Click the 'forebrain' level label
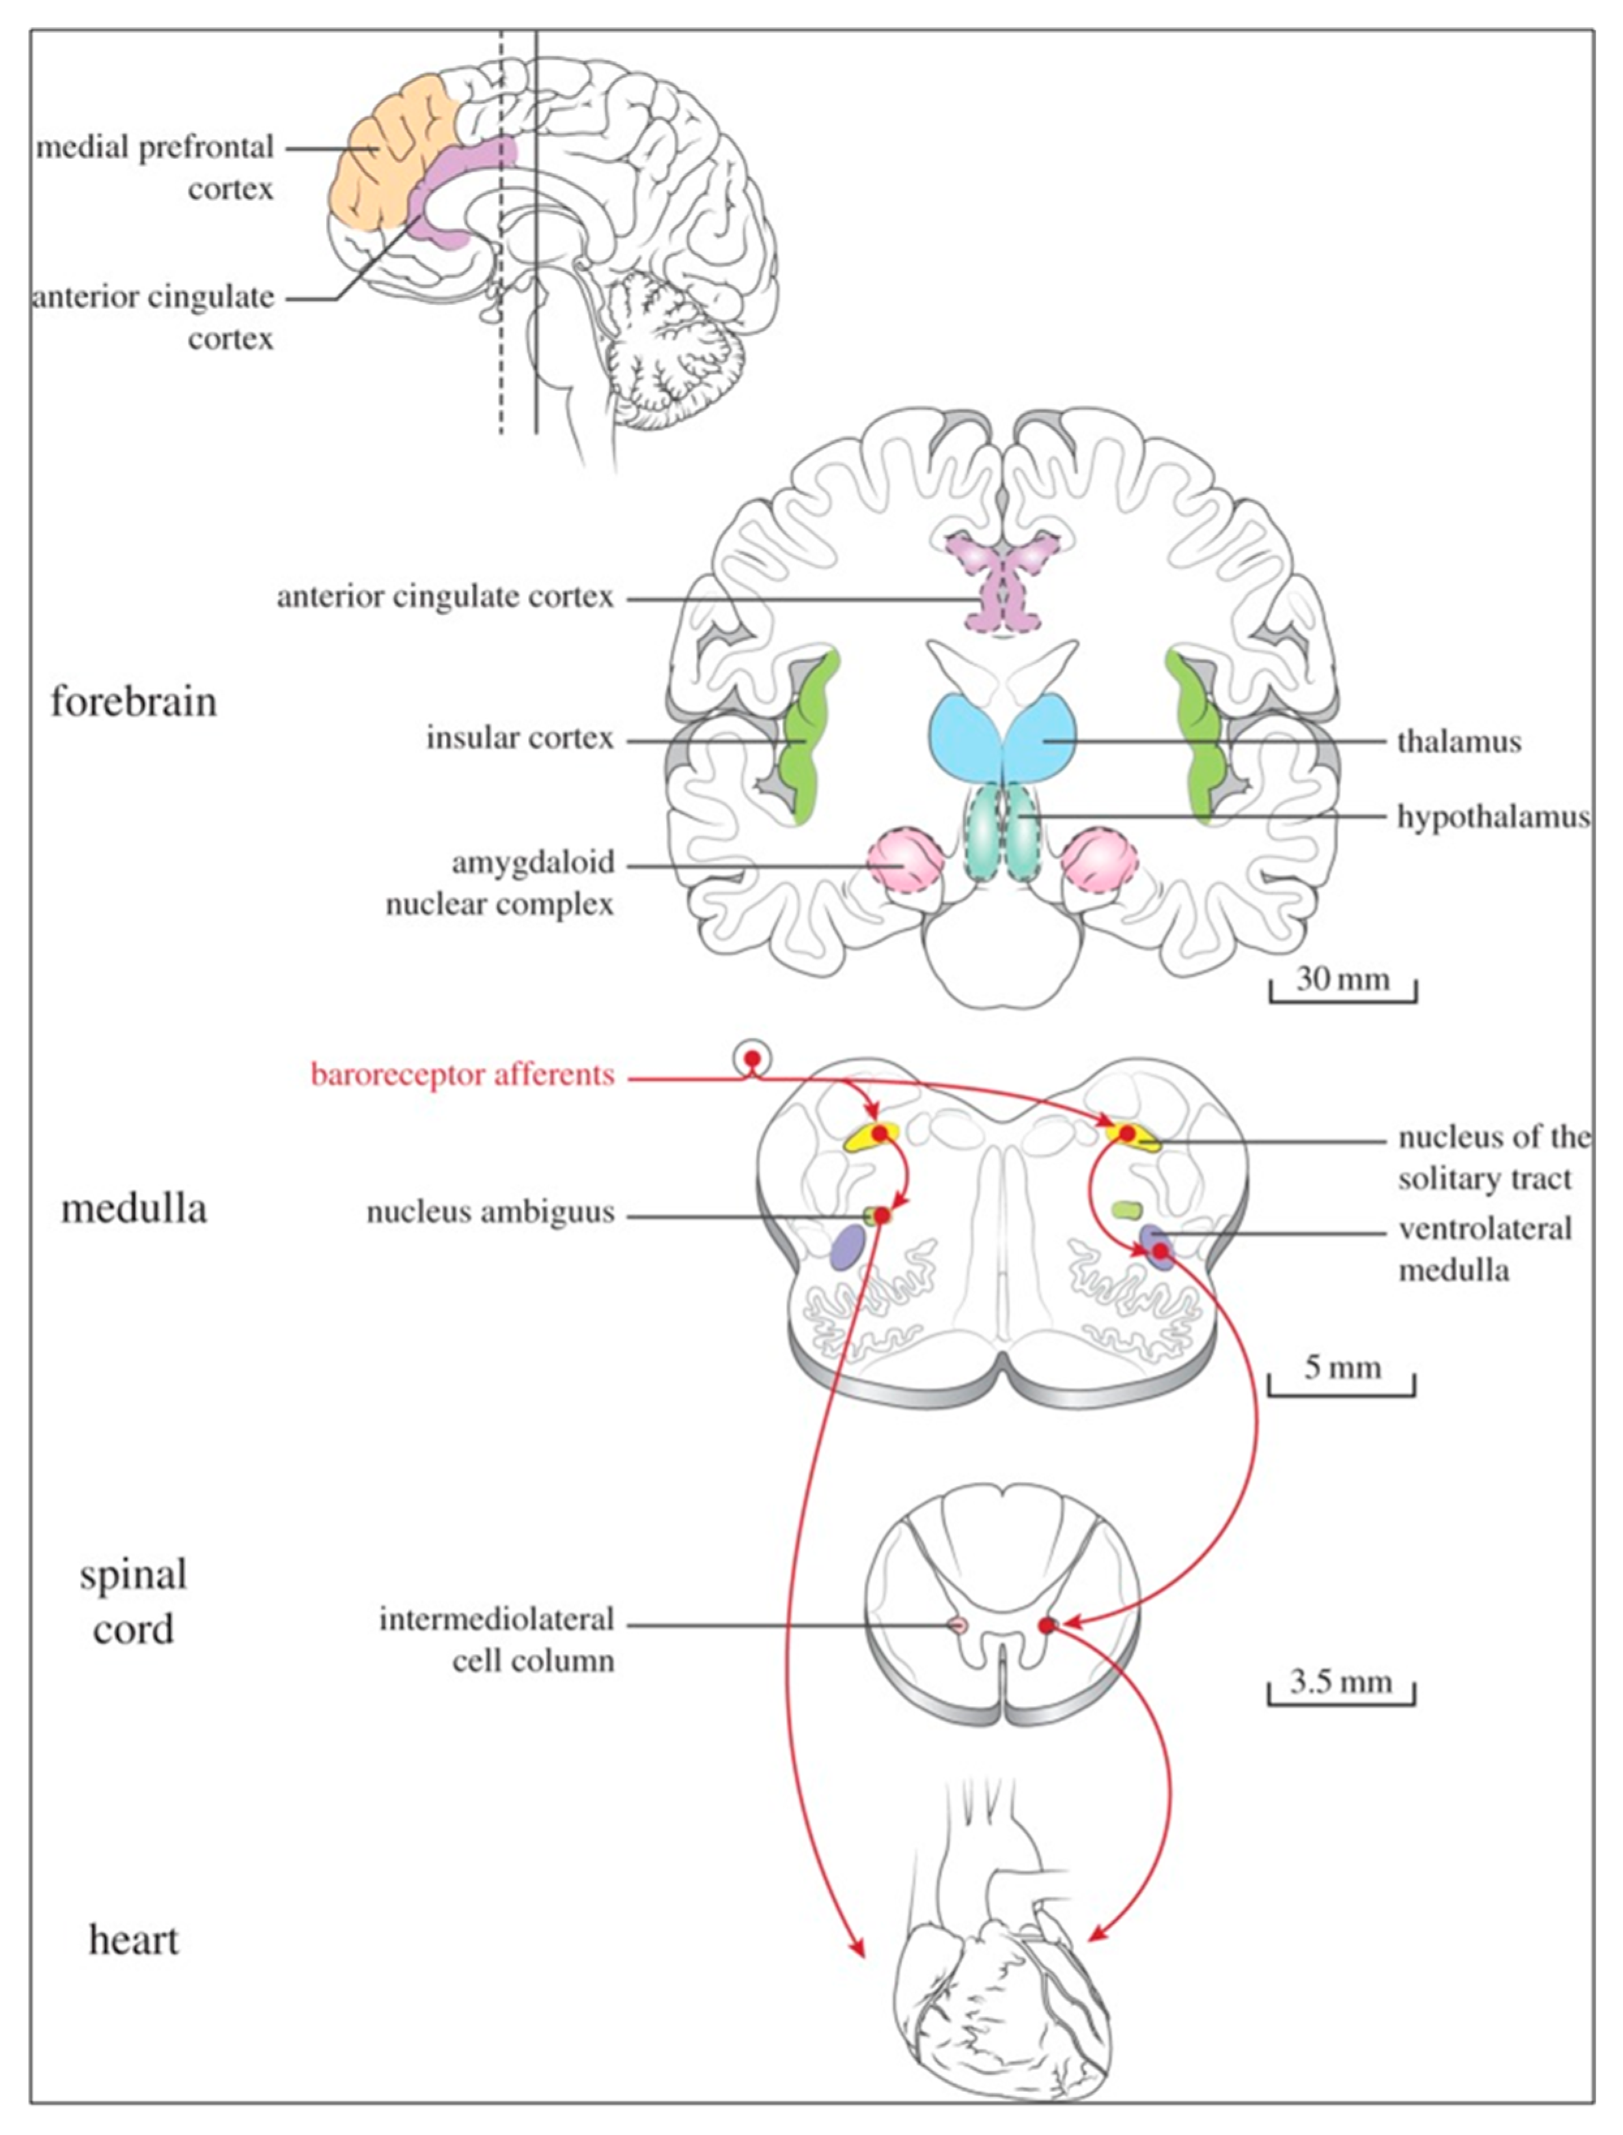pyautogui.click(x=133, y=701)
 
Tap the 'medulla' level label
pyautogui.click(x=133, y=1208)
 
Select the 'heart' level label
pyautogui.click(x=133, y=1940)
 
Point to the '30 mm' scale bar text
pyautogui.click(x=1342, y=979)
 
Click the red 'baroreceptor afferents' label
pyautogui.click(x=462, y=1074)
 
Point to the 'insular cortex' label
pyautogui.click(x=520, y=739)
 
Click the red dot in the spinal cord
pyautogui.click(x=1046, y=1626)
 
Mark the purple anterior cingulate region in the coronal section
pyautogui.click(x=1005, y=585)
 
